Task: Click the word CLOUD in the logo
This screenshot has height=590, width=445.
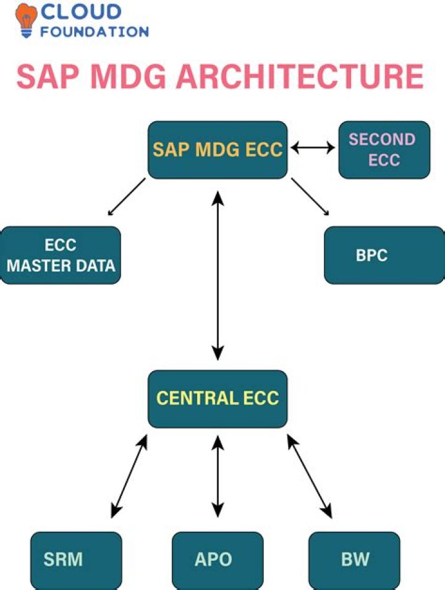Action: (x=80, y=12)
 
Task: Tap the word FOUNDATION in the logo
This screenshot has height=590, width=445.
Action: (x=95, y=31)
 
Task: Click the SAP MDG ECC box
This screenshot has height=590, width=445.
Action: (x=218, y=150)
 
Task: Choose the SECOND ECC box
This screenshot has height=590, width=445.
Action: (x=384, y=150)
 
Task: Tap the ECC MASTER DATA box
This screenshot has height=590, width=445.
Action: (x=61, y=255)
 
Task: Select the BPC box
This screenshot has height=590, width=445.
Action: (x=384, y=255)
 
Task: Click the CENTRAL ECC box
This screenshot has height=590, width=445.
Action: (x=218, y=398)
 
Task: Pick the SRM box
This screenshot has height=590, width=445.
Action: (x=76, y=560)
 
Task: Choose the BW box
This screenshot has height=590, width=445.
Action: (x=355, y=560)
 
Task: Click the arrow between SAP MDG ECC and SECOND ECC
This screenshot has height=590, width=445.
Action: (x=313, y=148)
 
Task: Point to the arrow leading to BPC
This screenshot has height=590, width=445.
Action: (x=310, y=197)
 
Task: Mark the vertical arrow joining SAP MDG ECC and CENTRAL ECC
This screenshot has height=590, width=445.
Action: (x=217, y=275)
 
